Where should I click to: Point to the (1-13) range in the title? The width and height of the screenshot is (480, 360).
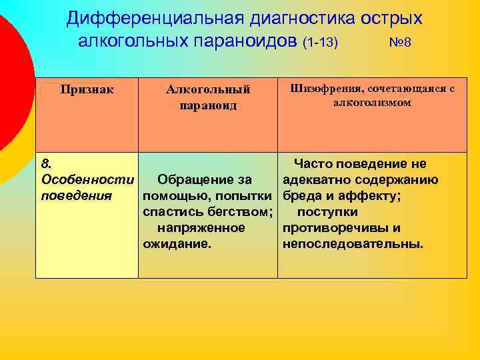pyautogui.click(x=321, y=43)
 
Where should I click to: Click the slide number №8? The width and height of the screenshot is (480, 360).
pyautogui.click(x=400, y=43)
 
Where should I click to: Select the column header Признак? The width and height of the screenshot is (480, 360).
pyautogui.click(x=87, y=89)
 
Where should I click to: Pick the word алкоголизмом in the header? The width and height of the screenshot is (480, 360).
pyautogui.click(x=373, y=103)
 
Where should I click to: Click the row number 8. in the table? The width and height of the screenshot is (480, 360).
pyautogui.click(x=46, y=163)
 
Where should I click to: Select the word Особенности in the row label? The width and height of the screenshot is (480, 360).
pyautogui.click(x=87, y=180)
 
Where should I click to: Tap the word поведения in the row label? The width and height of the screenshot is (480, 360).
pyautogui.click(x=76, y=196)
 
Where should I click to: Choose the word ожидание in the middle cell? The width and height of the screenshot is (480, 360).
pyautogui.click(x=177, y=244)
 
